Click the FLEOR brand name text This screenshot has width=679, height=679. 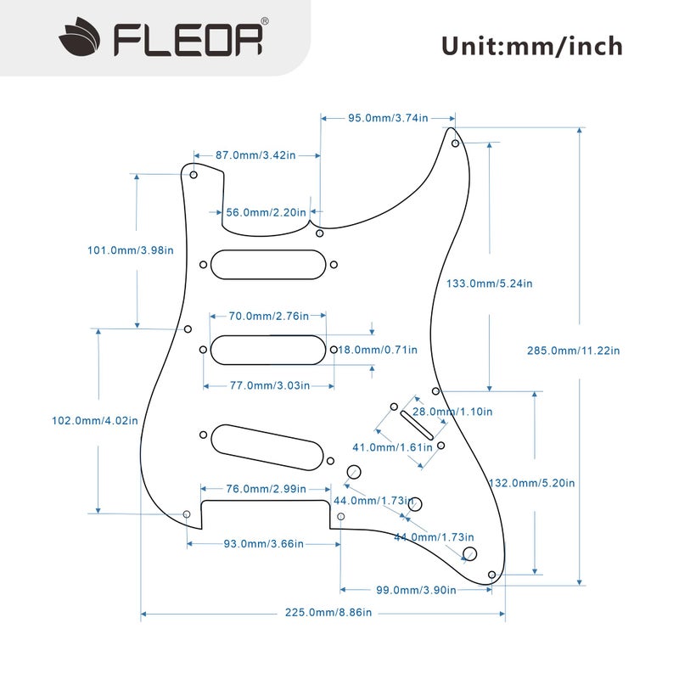[x=188, y=38]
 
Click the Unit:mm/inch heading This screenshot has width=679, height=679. [x=531, y=45]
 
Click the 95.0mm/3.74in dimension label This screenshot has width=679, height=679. [x=388, y=118]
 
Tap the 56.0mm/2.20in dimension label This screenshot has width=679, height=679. [x=266, y=212]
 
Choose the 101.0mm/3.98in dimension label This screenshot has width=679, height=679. [x=131, y=250]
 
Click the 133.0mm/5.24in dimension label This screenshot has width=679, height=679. [x=490, y=283]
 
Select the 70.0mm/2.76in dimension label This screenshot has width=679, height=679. [x=268, y=317]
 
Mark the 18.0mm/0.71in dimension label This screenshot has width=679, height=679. [x=379, y=350]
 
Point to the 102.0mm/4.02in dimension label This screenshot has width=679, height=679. [x=95, y=420]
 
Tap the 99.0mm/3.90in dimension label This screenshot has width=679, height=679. [x=416, y=590]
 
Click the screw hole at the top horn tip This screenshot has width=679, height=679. [x=455, y=143]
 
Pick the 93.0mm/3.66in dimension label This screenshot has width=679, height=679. [x=263, y=543]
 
